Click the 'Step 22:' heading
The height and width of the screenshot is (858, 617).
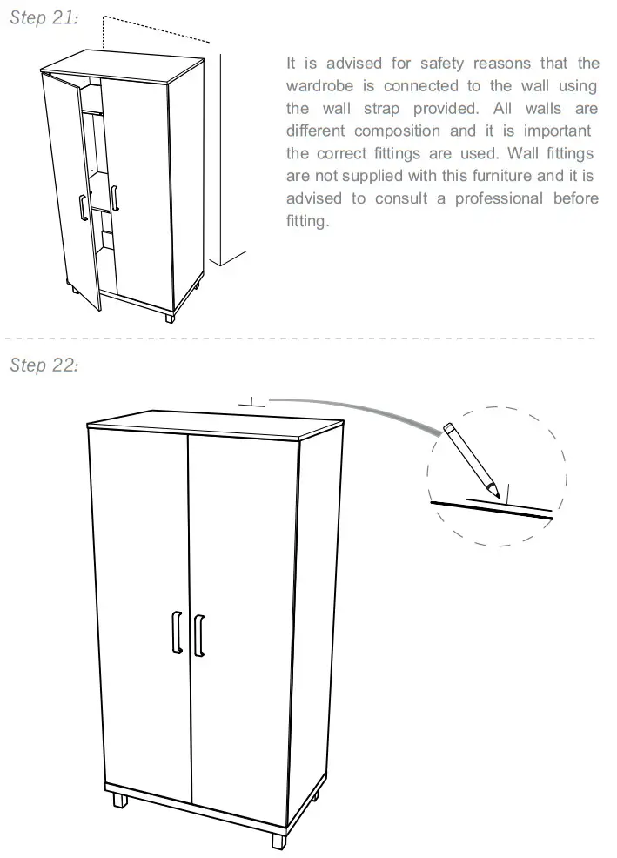coord(44,365)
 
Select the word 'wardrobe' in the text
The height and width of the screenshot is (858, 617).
coord(318,86)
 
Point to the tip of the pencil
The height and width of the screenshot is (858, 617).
coord(497,495)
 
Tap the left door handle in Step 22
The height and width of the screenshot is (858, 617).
coord(177,632)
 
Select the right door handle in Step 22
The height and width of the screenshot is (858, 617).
coord(199,634)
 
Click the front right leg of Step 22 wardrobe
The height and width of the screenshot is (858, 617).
coord(278,841)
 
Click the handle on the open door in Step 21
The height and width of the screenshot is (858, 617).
coord(83,210)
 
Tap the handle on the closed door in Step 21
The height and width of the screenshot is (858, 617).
coord(115,197)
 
